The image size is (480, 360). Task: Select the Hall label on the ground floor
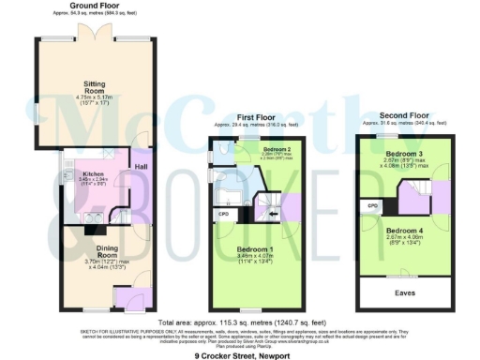[141, 167]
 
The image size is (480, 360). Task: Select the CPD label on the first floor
[221, 213]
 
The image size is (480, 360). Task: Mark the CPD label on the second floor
[372, 203]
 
